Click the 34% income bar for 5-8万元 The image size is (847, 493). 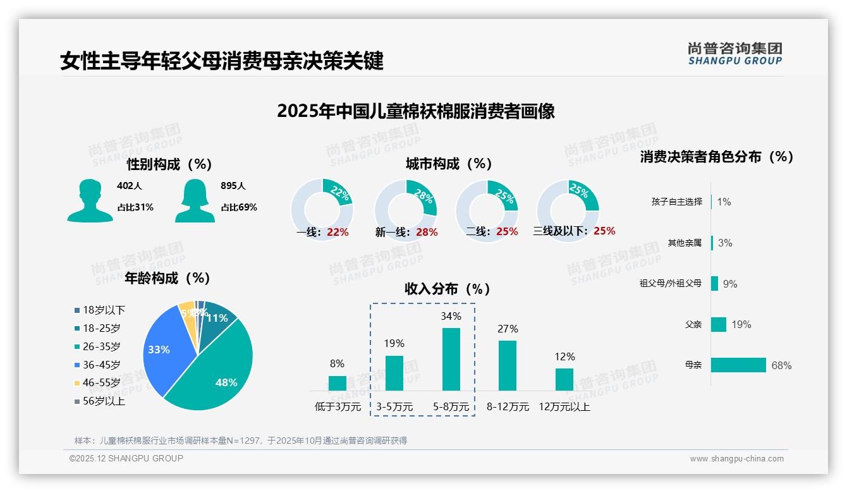(451, 359)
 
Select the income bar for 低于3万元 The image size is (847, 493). (337, 383)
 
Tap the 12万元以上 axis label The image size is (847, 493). (564, 407)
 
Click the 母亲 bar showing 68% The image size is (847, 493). (738, 365)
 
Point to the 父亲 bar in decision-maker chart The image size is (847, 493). (719, 325)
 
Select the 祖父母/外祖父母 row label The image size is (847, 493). (670, 284)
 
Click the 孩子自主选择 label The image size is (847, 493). (676, 202)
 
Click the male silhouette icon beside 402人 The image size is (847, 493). (90, 200)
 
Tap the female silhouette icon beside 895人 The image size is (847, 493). (195, 200)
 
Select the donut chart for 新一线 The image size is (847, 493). (405, 210)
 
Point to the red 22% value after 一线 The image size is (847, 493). (338, 232)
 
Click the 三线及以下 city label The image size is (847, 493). (560, 231)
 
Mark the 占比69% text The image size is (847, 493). (239, 207)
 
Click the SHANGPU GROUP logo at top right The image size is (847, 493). (734, 54)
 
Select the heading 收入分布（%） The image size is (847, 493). (448, 289)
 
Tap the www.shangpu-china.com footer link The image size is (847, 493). (736, 459)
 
